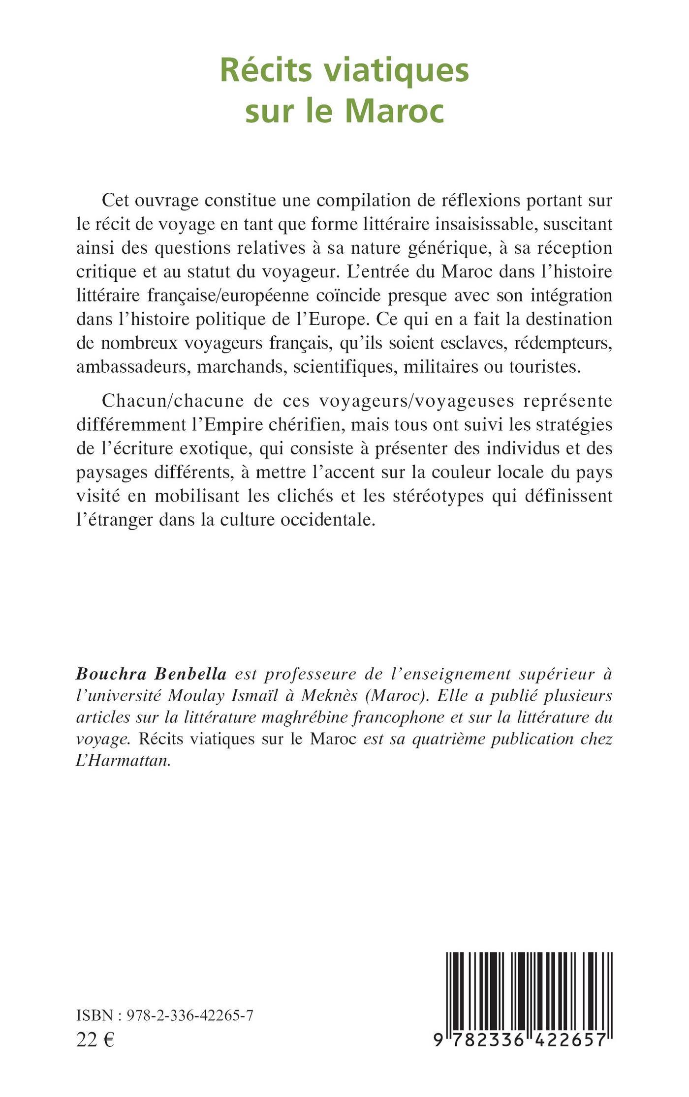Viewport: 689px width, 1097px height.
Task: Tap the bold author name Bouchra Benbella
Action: click(x=151, y=674)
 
